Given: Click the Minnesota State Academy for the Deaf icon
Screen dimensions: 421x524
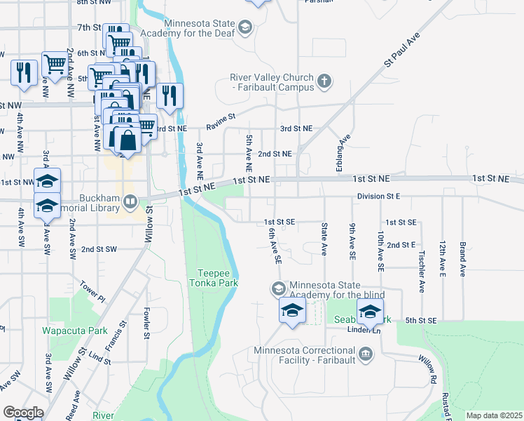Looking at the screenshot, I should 244,27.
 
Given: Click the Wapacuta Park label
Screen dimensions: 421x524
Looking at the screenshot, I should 74,330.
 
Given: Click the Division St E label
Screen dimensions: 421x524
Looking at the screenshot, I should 378,196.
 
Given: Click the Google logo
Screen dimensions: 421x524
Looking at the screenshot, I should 23,413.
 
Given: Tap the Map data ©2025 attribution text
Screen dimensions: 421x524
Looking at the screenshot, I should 493,415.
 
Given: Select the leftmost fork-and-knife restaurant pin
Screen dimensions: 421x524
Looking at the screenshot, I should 24,72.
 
